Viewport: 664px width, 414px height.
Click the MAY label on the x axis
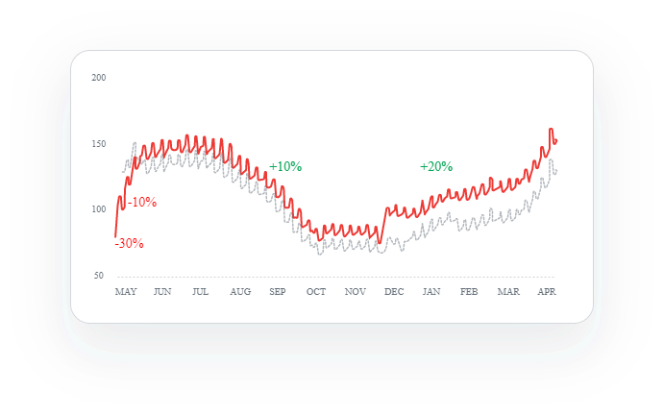coord(126,291)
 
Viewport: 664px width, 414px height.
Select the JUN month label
coord(162,291)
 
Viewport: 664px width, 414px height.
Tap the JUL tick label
coord(200,291)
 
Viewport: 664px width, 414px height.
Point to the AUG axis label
coord(240,291)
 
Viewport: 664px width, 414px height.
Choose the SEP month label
coord(278,291)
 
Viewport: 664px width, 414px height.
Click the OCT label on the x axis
coord(316,291)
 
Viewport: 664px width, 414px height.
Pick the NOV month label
coord(355,291)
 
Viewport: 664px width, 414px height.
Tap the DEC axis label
coord(393,291)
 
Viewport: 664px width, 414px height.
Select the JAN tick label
coord(431,291)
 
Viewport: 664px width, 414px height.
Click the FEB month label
coord(469,291)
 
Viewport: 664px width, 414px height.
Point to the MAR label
coord(508,291)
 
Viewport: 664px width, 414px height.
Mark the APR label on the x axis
coord(547,291)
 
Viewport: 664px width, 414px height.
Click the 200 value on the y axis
coord(98,77)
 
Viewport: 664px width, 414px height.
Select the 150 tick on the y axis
coord(98,144)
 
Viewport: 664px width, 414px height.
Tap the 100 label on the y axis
coord(98,209)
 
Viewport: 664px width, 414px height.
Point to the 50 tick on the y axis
coord(98,276)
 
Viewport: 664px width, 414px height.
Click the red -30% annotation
coord(129,244)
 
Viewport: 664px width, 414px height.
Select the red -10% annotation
coord(142,203)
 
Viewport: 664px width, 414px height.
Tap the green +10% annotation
coord(285,167)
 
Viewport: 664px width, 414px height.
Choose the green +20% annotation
coord(436,167)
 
